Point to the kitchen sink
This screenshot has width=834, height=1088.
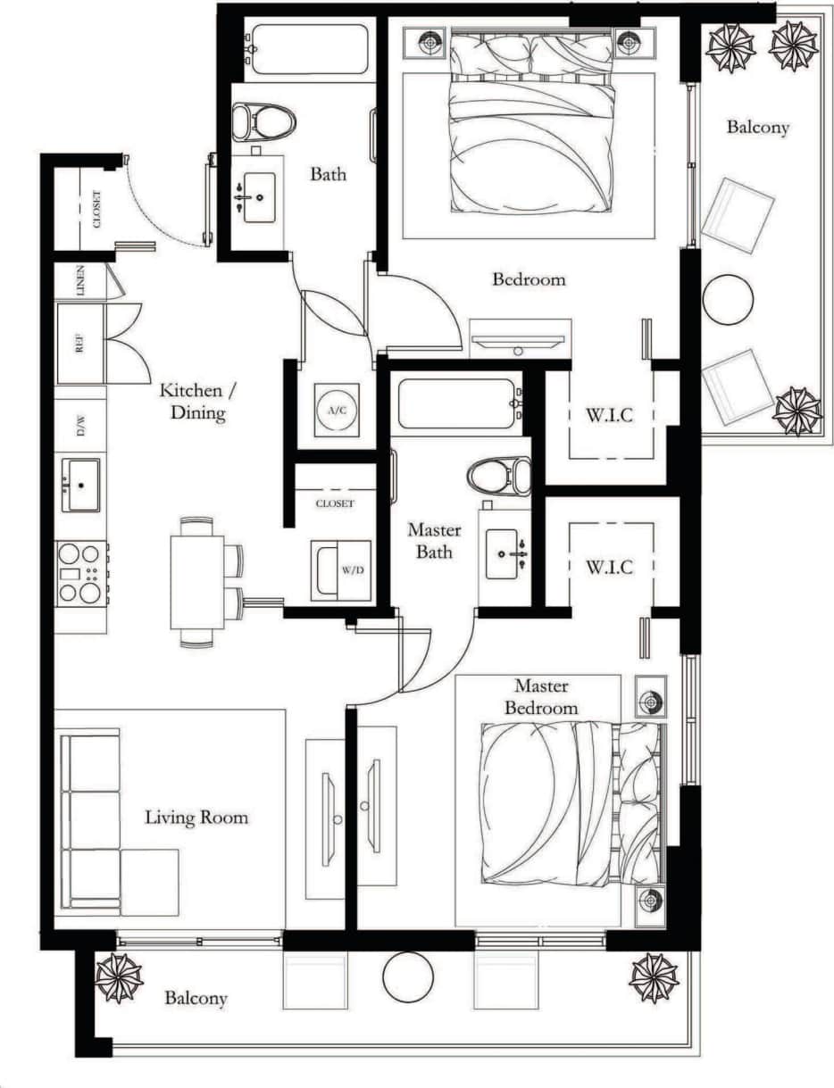(x=80, y=485)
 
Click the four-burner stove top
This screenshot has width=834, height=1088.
(x=79, y=572)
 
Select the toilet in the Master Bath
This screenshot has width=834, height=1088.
(x=498, y=478)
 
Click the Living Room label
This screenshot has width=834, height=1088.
(x=196, y=817)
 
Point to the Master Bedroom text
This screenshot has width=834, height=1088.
(x=540, y=697)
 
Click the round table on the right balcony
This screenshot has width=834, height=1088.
(x=728, y=300)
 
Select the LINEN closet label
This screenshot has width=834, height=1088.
(x=80, y=281)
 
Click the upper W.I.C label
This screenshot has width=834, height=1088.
(x=609, y=415)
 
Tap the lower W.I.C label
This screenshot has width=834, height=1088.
(x=609, y=567)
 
